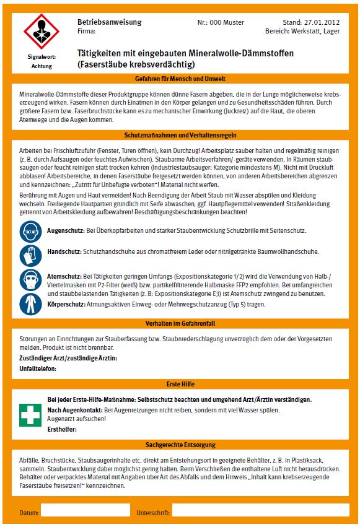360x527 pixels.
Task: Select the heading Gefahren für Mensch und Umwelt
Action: [x=180, y=79]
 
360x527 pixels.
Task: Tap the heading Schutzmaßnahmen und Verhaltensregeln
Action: [x=180, y=135]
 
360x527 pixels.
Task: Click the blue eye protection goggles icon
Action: [x=32, y=231]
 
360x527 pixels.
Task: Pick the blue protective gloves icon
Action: [x=32, y=253]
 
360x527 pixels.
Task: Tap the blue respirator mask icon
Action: [x=32, y=280]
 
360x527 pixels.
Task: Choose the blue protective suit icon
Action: [x=32, y=303]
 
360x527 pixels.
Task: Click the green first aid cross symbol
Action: [x=32, y=414]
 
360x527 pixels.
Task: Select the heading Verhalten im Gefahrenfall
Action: [x=180, y=323]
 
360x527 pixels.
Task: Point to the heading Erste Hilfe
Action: [x=180, y=384]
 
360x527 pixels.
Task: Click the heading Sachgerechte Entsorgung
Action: [x=180, y=444]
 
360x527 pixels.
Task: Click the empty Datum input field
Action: [x=85, y=511]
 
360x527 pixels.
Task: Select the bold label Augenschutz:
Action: [x=65, y=230]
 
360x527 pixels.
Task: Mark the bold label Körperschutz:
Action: [x=67, y=304]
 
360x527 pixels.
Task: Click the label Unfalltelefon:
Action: [x=38, y=368]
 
